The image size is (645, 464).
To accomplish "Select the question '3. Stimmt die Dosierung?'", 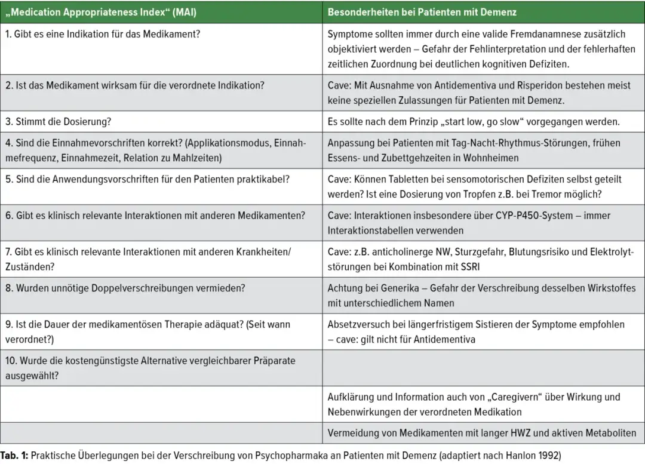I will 59,122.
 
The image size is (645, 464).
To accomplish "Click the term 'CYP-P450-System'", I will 518,216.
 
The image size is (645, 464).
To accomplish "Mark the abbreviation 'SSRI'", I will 474,267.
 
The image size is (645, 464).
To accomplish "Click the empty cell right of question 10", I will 483,368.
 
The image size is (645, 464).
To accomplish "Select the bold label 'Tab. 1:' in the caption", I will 14,455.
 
